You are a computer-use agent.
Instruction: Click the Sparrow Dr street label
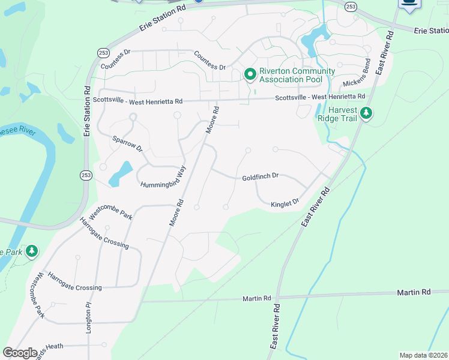127,143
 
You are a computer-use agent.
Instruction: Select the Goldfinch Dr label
261,177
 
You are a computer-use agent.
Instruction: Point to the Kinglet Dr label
285,204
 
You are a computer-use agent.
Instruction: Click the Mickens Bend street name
358,82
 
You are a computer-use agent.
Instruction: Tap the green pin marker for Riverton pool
250,74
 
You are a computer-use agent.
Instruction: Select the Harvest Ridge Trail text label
343,114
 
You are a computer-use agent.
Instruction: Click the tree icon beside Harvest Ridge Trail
366,113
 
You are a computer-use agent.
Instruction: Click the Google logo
20,353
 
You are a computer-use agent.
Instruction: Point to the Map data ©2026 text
423,355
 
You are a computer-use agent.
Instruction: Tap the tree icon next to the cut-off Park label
32,251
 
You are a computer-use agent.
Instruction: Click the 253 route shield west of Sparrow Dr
85,175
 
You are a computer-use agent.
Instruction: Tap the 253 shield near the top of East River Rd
351,5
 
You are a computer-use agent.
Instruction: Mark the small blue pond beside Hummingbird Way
121,173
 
